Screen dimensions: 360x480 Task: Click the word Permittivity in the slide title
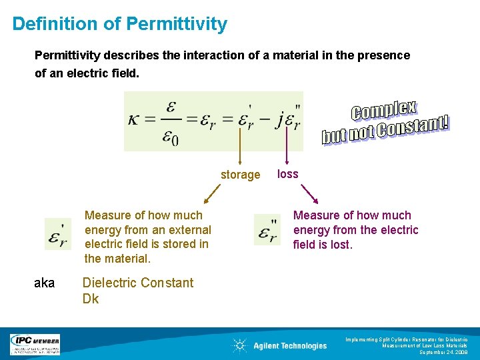point(177,25)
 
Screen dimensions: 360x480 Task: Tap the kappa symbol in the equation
point(137,120)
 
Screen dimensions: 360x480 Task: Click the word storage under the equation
point(240,175)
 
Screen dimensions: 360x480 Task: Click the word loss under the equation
point(287,174)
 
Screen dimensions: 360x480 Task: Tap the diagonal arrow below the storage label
point(212,194)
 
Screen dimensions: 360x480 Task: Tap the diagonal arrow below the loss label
point(310,193)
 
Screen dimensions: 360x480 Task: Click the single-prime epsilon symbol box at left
point(57,234)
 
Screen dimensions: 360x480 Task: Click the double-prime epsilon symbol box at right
point(267,229)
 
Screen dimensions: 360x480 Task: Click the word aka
point(44,283)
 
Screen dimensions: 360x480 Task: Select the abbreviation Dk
point(90,299)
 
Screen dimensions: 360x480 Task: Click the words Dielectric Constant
point(137,283)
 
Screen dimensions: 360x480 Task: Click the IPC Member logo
point(35,344)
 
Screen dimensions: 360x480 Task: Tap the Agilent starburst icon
point(239,345)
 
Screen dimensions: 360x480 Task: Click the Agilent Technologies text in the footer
point(290,345)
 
